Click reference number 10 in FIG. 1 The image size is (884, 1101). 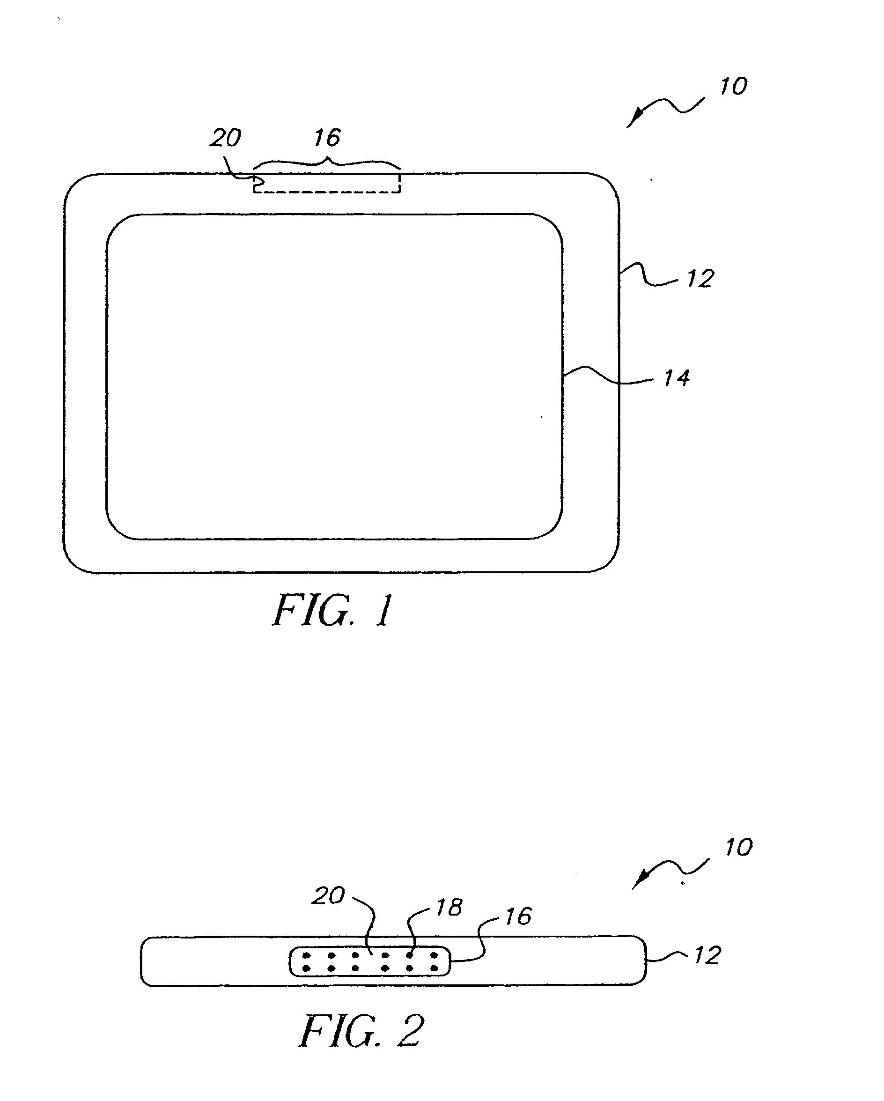733,86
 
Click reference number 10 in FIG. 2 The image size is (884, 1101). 738,848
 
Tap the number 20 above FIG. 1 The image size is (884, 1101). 225,138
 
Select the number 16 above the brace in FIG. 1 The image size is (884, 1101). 327,138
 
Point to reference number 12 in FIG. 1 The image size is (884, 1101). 700,279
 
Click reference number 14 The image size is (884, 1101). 677,378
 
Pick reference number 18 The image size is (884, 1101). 449,908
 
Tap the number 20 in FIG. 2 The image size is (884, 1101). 328,896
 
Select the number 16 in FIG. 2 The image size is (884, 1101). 518,916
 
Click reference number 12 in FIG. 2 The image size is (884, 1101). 707,955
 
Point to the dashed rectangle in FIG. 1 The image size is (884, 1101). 327,192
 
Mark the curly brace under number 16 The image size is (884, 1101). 327,162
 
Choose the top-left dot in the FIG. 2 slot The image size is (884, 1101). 306,955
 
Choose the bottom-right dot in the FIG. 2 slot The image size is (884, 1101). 435,968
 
